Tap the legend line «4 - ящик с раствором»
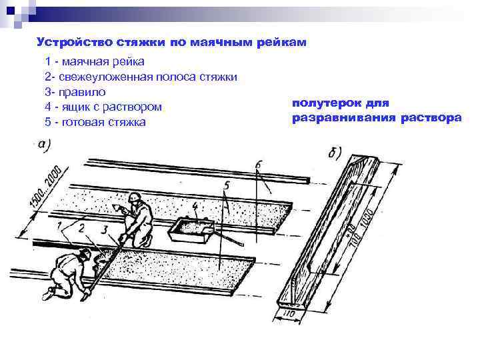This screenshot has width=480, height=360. coord(103,107)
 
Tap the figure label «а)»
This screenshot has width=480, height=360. coord(45,143)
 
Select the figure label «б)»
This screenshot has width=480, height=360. coord(335,151)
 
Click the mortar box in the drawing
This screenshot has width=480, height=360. coord(192,231)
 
